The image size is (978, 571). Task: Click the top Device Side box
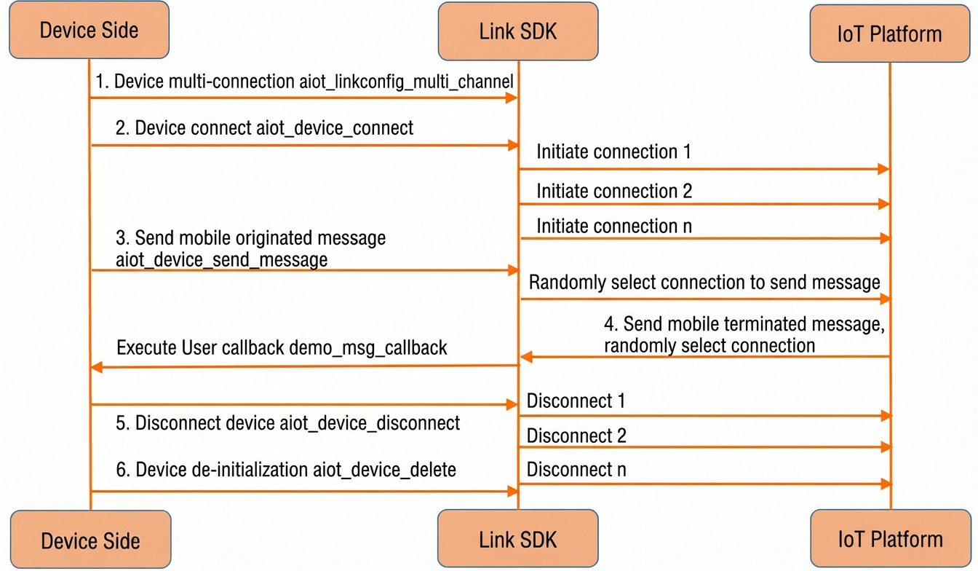coord(89,30)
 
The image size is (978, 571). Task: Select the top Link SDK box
coord(518,31)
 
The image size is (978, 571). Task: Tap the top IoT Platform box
coord(890,34)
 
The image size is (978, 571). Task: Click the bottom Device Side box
coord(90,540)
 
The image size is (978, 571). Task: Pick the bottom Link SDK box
coord(518,538)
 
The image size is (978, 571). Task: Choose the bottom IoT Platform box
coord(891,538)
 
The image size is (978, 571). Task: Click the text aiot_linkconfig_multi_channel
coord(406,82)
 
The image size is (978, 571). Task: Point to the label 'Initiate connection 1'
coord(613,151)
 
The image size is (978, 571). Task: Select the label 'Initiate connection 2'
coord(614,191)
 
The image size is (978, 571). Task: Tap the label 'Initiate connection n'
coord(614,227)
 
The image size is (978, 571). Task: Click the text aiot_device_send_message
coord(221,260)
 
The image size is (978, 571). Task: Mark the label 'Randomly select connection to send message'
coord(704,283)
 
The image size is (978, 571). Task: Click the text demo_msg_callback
coord(368,348)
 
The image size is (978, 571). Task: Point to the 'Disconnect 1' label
coord(576,401)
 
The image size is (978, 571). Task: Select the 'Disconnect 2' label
coord(576,436)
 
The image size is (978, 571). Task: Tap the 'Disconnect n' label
coord(576,470)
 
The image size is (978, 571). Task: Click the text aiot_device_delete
coord(385,470)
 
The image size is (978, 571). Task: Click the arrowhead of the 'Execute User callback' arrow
coord(97,367)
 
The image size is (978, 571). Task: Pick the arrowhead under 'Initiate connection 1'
coord(883,169)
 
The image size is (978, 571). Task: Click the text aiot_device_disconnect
coord(370,423)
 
